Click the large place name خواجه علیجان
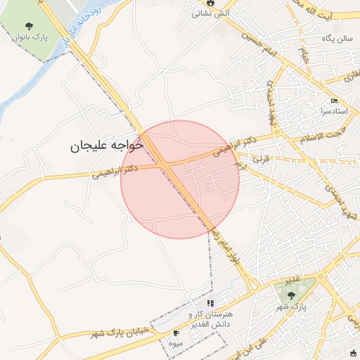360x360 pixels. pos(106,145)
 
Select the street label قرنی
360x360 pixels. pos(262,160)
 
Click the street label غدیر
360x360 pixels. pos(295,279)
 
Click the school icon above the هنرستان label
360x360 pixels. pos(210,303)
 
